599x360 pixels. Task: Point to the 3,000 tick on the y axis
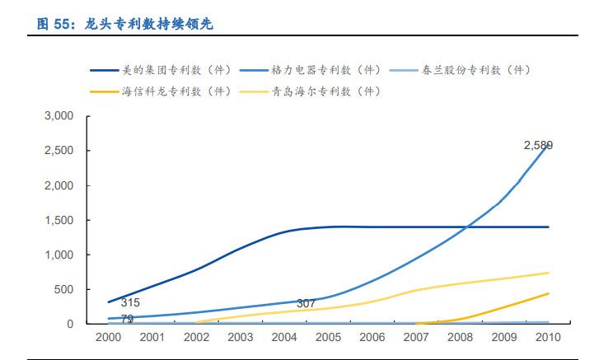60,116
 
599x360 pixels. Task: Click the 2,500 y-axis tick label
60,151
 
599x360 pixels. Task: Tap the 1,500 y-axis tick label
60,221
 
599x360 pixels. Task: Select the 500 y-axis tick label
64,290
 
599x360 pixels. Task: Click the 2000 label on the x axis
109,337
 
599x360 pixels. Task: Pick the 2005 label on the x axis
328,337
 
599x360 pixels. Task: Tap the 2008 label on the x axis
460,337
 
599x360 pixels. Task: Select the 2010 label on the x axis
547,337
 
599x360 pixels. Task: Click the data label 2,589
538,145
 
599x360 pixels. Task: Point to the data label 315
130,303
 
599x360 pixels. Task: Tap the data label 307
306,304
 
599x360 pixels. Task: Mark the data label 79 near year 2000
128,319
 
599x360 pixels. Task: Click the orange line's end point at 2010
549,293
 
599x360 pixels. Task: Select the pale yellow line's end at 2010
549,273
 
